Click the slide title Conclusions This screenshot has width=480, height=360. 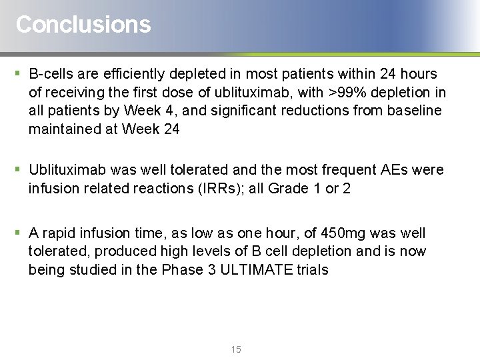coord(83,25)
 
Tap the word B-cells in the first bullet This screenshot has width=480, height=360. coord(51,74)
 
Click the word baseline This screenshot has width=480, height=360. coord(408,111)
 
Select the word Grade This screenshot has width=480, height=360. coord(288,189)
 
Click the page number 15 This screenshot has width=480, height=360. coord(236,350)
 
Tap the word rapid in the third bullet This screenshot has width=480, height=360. coord(61,233)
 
